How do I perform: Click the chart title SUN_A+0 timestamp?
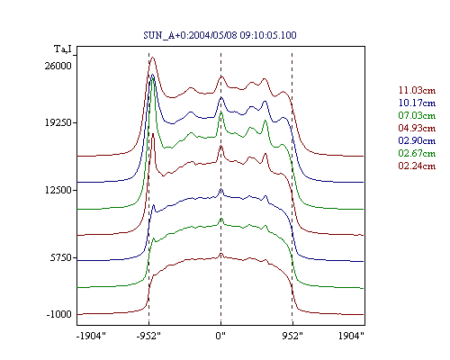tap(220, 35)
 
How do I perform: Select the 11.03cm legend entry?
tap(417, 90)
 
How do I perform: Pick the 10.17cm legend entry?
tap(417, 103)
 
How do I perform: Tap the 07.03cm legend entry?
tap(417, 115)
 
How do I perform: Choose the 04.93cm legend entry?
tap(417, 128)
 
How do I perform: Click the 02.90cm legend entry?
tap(417, 140)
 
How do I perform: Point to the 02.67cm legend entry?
tap(417, 153)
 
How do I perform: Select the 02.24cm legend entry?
tap(417, 166)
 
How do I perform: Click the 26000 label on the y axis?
tap(58, 66)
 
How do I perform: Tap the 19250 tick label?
tap(58, 122)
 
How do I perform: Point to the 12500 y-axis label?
tap(58, 190)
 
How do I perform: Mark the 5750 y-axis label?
tap(61, 257)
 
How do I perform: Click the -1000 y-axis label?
tap(59, 314)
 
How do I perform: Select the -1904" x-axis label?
tap(91, 336)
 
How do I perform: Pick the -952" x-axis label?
tap(148, 336)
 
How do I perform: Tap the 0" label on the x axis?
tap(220, 336)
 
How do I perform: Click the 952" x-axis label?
tap(292, 336)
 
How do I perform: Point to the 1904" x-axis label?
tap(351, 336)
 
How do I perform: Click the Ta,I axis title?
tap(63, 49)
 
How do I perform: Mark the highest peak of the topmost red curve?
tap(153, 58)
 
